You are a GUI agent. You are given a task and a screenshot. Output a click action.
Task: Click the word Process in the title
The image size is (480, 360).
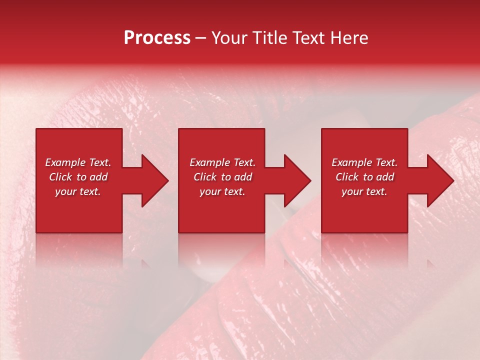coord(157,38)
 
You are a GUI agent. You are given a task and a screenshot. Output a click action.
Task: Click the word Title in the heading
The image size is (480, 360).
coord(267,38)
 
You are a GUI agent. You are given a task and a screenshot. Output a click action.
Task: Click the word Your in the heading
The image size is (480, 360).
coord(228,38)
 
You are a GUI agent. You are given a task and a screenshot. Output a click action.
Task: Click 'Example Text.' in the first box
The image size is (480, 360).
coord(78,162)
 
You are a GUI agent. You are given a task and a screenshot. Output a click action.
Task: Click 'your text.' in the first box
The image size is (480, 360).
coord(78,191)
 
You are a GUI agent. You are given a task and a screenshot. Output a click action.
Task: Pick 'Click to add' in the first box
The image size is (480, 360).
coord(78,177)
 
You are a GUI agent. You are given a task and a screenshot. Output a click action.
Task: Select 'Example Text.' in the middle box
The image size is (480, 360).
coord(222,162)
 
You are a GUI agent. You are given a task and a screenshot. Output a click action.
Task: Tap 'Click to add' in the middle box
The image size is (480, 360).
coord(222,177)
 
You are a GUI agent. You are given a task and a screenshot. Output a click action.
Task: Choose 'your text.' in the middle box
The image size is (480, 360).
coord(222,191)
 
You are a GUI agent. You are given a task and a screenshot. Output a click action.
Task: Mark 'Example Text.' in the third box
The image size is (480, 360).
coord(364,162)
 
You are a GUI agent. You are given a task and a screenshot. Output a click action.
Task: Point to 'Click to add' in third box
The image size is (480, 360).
coord(364,177)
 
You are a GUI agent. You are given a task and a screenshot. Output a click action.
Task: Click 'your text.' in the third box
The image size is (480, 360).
coord(364,191)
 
